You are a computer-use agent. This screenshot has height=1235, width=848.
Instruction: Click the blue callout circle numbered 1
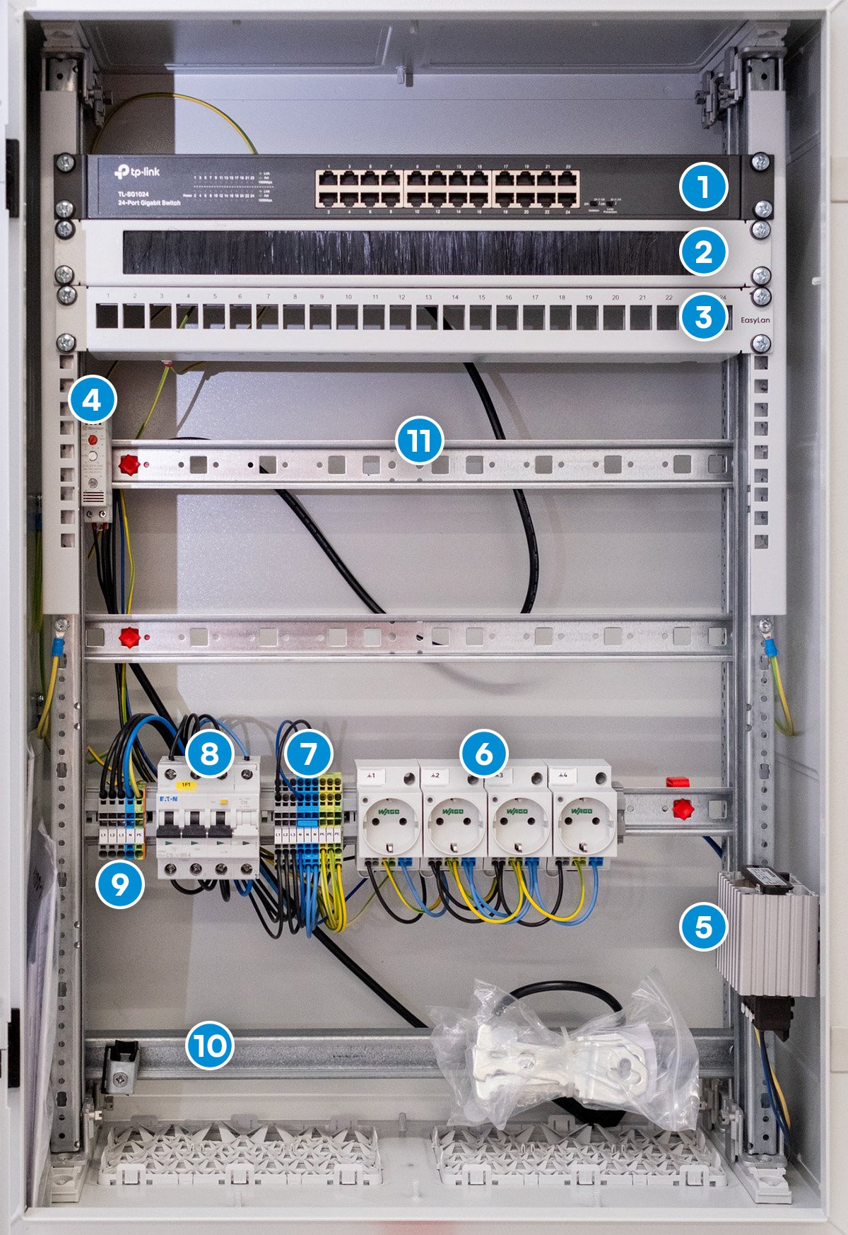703,187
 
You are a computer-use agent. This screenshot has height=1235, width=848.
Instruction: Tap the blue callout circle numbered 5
703,927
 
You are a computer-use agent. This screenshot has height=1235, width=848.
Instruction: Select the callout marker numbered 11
420,441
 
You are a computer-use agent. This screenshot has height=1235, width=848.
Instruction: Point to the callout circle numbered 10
210,1044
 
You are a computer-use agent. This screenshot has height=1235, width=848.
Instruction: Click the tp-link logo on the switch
137,172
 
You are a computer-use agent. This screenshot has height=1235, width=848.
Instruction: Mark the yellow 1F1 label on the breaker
187,785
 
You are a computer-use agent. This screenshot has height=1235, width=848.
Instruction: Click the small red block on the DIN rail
677,782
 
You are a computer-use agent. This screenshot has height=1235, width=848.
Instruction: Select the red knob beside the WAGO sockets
682,809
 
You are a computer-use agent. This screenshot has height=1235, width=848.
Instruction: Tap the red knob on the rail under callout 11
129,465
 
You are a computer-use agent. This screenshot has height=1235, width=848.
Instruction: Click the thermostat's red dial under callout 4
92,440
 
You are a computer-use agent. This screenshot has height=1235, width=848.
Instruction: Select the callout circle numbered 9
119,884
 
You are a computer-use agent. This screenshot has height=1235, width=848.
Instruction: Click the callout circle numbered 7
309,754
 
